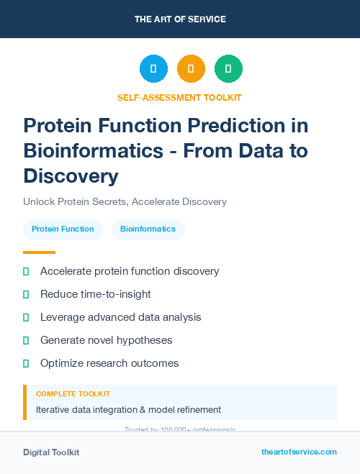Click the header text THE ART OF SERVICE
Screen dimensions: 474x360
[180, 19]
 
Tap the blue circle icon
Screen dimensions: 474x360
[153, 69]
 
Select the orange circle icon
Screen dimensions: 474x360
[191, 69]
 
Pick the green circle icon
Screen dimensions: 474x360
[228, 69]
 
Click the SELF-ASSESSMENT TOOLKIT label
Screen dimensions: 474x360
[179, 97]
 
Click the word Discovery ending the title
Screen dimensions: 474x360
[71, 176]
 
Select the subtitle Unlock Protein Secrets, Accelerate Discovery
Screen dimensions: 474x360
[125, 201]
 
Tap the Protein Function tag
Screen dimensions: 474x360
[63, 229]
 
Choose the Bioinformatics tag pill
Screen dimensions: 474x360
[148, 229]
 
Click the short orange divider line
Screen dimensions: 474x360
[39, 252]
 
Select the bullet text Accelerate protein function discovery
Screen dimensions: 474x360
[130, 271]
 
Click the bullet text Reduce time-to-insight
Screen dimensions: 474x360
[96, 294]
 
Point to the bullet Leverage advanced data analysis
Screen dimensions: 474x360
[121, 317]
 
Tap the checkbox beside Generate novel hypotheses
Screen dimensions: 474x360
[26, 340]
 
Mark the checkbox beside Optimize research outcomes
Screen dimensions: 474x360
[26, 363]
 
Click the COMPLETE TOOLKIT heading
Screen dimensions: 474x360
[73, 394]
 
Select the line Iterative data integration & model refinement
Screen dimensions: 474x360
[128, 410]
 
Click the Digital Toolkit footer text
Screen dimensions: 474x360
[51, 452]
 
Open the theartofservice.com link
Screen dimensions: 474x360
[299, 452]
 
